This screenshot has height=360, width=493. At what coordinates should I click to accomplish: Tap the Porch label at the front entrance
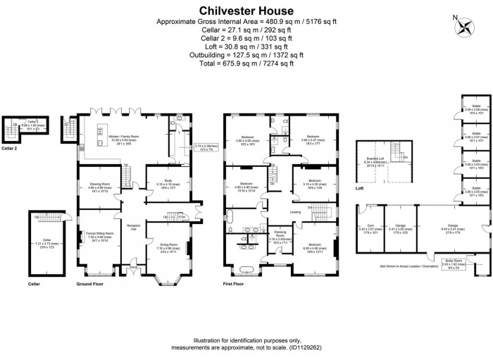(134, 267)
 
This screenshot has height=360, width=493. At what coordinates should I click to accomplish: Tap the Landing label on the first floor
(296, 211)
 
